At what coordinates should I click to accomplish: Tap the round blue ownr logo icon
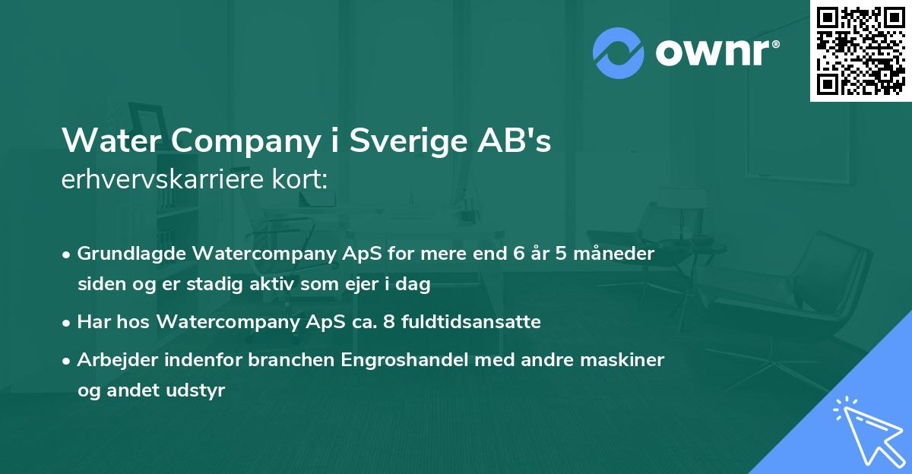pyautogui.click(x=618, y=52)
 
